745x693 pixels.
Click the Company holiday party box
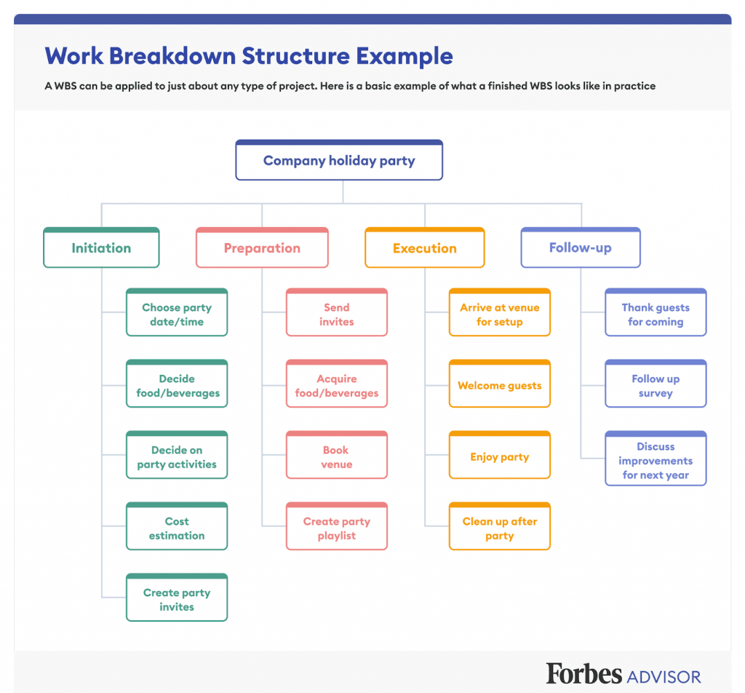tap(339, 160)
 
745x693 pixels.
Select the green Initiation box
tap(101, 247)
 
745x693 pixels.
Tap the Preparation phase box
tap(262, 247)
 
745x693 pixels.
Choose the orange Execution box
tap(425, 247)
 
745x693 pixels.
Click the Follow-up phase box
tap(581, 247)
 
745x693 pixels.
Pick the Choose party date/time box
tap(177, 312)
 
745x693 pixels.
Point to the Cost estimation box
tap(177, 526)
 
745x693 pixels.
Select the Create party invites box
tap(177, 598)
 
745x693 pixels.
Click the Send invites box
tap(337, 312)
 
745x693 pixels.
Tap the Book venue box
tap(337, 455)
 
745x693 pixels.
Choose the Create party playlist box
tap(337, 526)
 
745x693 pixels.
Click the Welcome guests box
tap(500, 384)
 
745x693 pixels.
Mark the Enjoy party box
tap(500, 455)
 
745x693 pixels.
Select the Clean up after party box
tap(500, 526)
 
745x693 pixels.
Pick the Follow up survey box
tap(656, 384)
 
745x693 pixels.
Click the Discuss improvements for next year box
tap(656, 458)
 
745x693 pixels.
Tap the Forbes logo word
tap(583, 673)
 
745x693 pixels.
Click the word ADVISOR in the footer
tap(664, 677)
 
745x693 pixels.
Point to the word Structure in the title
tap(296, 56)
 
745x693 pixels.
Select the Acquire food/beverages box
tap(337, 384)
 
